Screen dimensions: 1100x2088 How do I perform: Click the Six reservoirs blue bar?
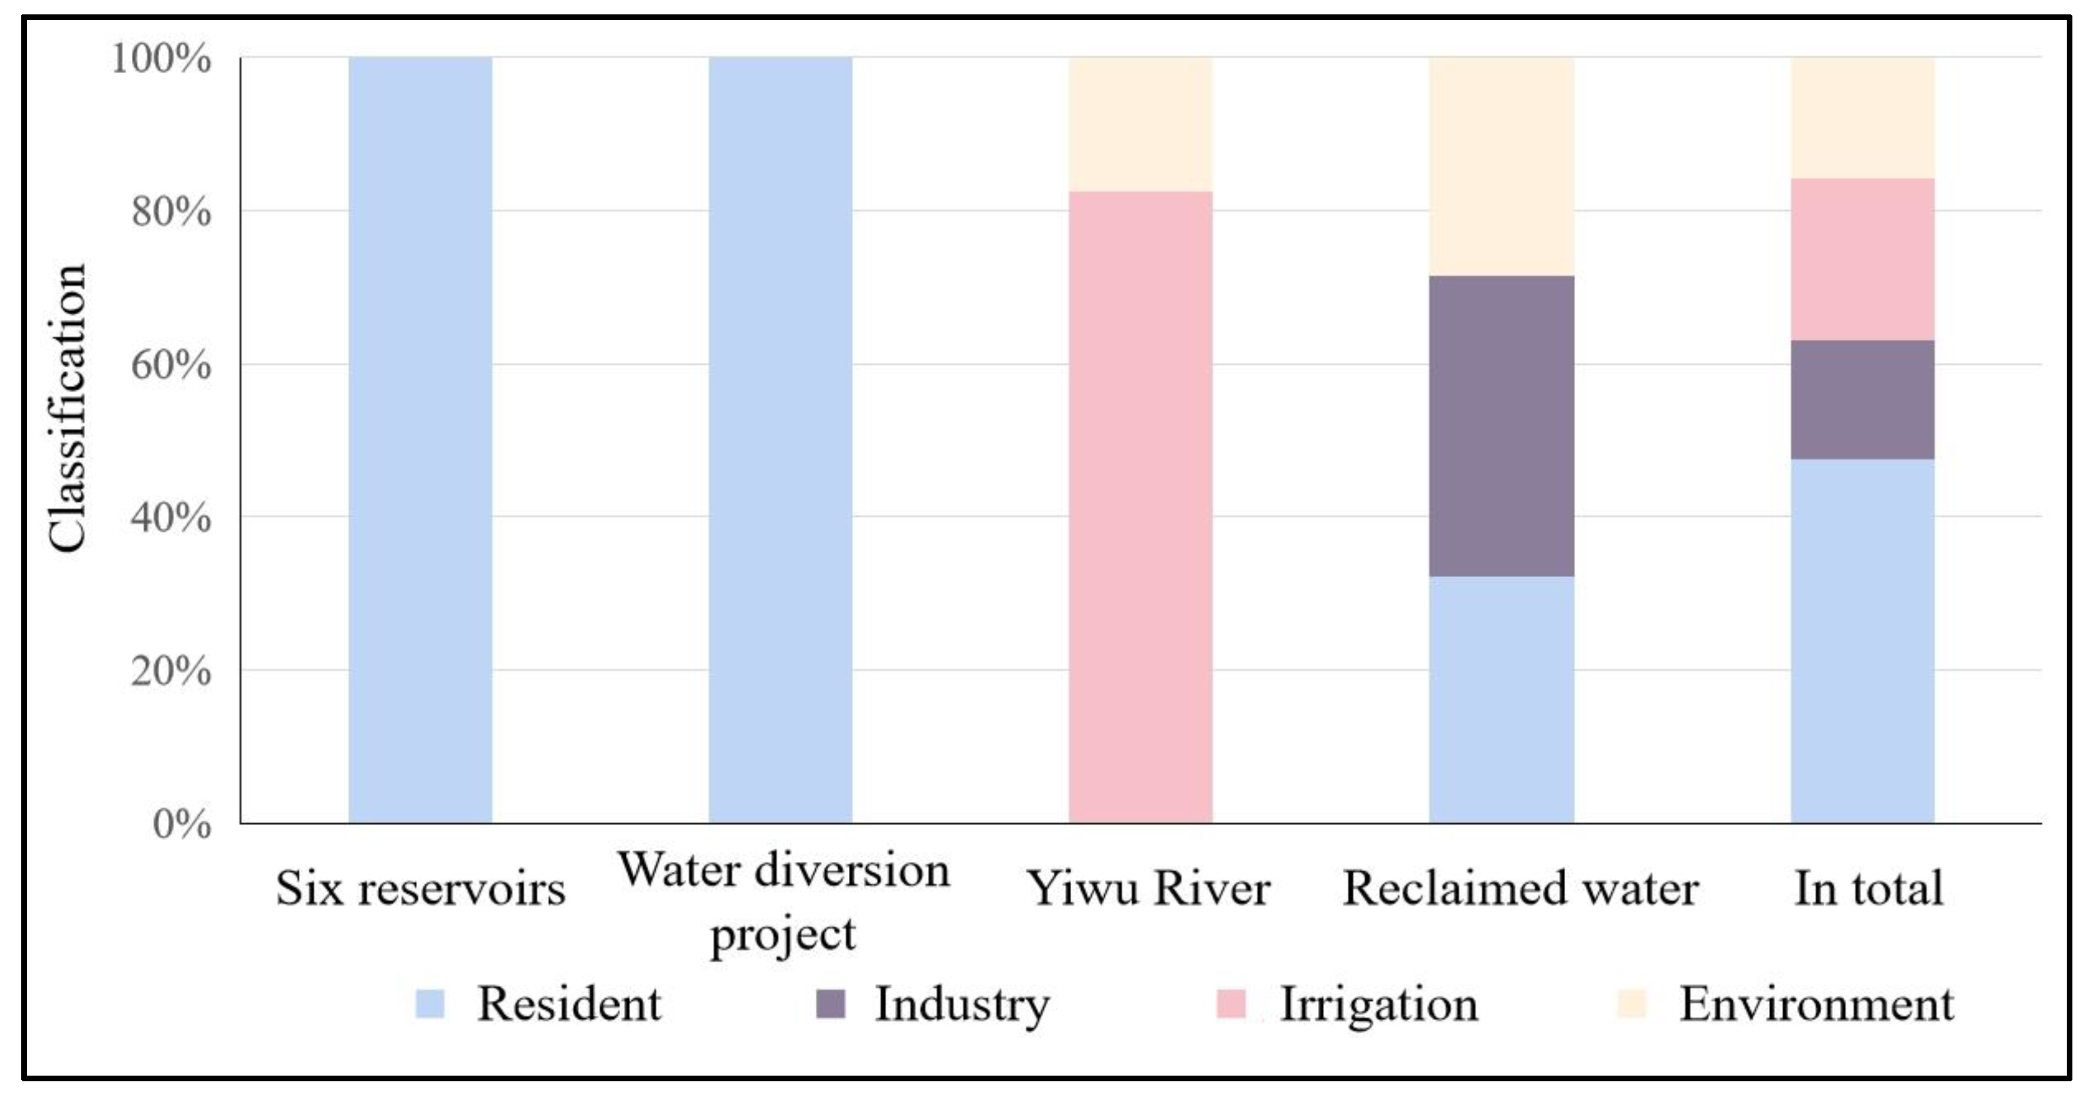tap(420, 440)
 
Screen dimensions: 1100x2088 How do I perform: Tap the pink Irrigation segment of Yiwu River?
tap(1140, 507)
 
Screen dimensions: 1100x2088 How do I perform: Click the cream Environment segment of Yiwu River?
tap(1140, 124)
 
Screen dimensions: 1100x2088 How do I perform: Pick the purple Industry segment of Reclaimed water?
tap(1501, 425)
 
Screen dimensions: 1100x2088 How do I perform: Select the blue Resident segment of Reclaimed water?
tap(1501, 699)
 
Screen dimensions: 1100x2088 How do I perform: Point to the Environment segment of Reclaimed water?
tap(1501, 166)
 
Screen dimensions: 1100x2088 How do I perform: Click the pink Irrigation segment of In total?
tap(1862, 259)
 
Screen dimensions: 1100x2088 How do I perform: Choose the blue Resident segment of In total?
tap(1862, 640)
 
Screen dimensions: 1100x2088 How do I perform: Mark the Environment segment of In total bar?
tap(1862, 117)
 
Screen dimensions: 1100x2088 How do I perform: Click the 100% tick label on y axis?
tap(161, 59)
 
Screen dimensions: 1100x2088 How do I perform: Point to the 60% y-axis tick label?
tap(171, 365)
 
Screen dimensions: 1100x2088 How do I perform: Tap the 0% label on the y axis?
tap(182, 825)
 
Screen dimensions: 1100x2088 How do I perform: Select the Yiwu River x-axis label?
tap(1148, 888)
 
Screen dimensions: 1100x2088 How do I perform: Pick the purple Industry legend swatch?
tap(831, 1004)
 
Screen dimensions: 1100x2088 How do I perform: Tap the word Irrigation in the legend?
tap(1378, 1004)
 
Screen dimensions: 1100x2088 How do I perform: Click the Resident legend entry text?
tap(569, 1004)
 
